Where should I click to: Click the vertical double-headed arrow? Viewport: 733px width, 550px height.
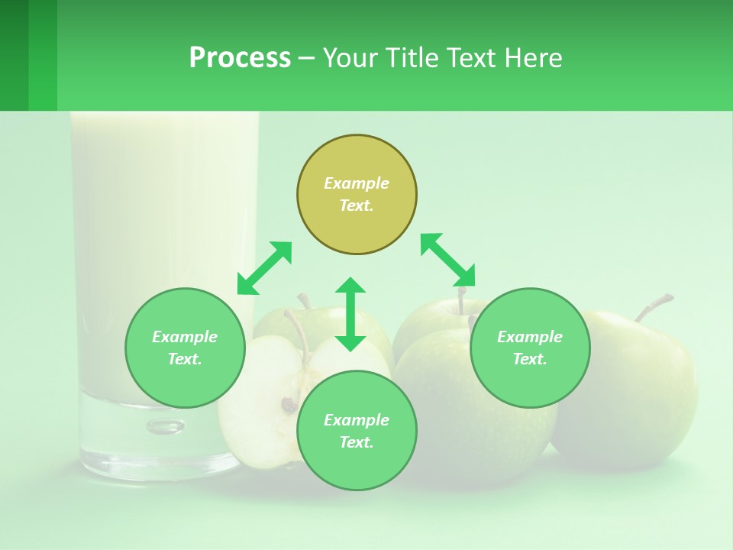350,314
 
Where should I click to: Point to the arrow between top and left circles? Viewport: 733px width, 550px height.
264,268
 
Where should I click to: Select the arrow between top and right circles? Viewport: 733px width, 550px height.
447,260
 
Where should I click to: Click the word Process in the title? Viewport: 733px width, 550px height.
240,58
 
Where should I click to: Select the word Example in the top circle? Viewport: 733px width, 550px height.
357,183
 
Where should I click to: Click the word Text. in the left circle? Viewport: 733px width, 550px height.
185,359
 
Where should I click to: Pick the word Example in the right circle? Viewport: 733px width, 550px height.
530,337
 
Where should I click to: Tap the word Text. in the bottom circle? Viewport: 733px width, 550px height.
357,442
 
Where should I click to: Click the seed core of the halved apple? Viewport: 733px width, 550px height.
289,403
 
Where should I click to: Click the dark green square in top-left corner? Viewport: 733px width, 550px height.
14,55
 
